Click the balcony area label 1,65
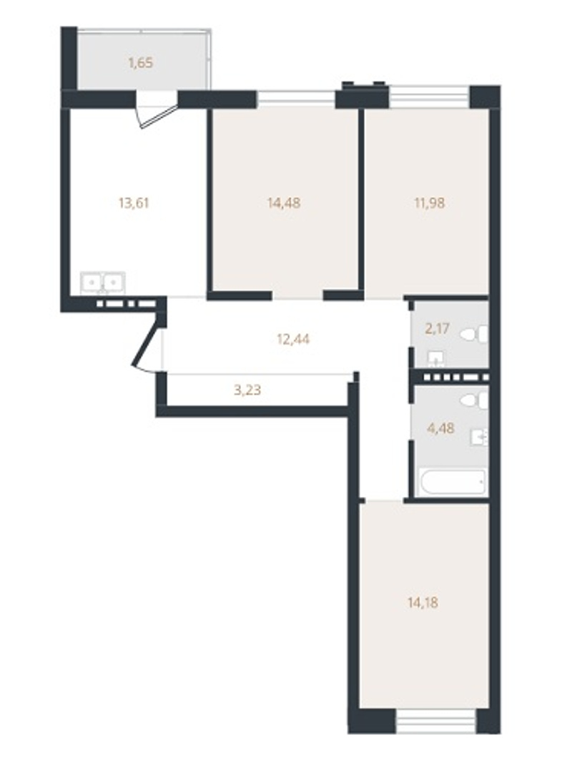click(141, 63)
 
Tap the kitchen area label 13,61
click(134, 202)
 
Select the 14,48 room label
click(284, 202)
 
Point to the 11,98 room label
click(429, 202)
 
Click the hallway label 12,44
click(293, 339)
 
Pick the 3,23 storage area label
click(247, 390)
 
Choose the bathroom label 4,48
click(440, 428)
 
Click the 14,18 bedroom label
click(423, 603)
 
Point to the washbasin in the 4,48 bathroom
click(479, 438)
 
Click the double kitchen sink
click(104, 282)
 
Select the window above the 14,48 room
click(296, 98)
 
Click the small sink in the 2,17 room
click(436, 360)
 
